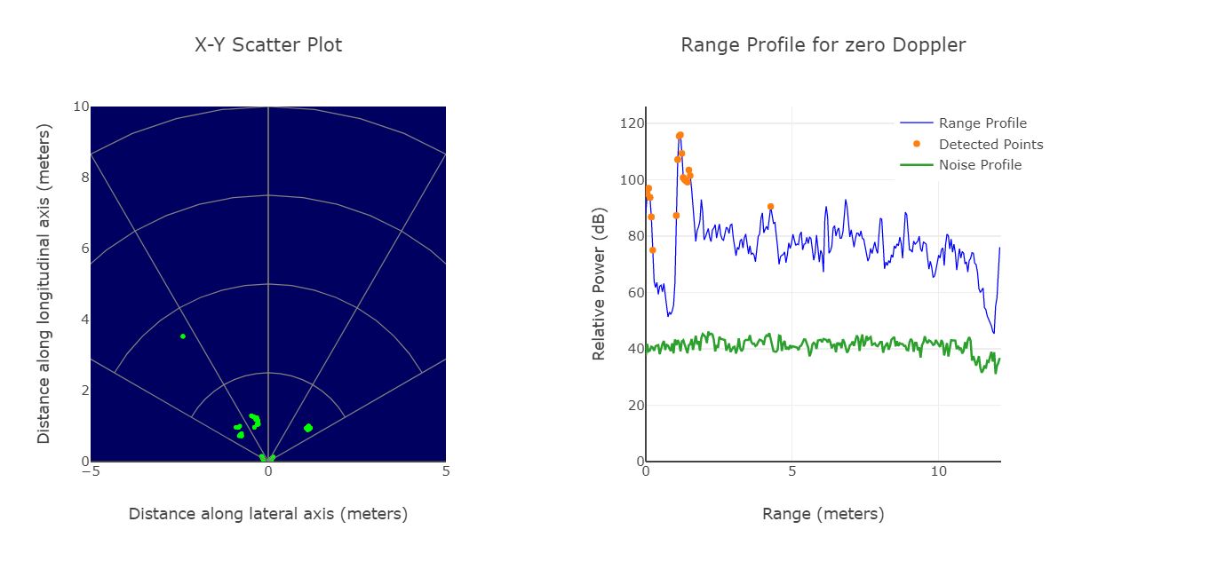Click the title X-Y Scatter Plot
point(268,45)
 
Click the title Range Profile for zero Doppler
point(823,45)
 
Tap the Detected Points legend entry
point(990,145)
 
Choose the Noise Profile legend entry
point(980,165)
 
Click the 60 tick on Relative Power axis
point(632,293)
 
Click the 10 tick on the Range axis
point(939,472)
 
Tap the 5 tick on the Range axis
point(792,472)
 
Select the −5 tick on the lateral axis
point(91,472)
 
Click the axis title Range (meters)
point(823,514)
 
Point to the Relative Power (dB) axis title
point(599,284)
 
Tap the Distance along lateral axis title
point(268,514)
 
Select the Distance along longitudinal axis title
point(44,284)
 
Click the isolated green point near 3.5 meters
point(183,336)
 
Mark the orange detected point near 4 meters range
point(770,207)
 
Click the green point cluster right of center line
point(308,428)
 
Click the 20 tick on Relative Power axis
point(632,406)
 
